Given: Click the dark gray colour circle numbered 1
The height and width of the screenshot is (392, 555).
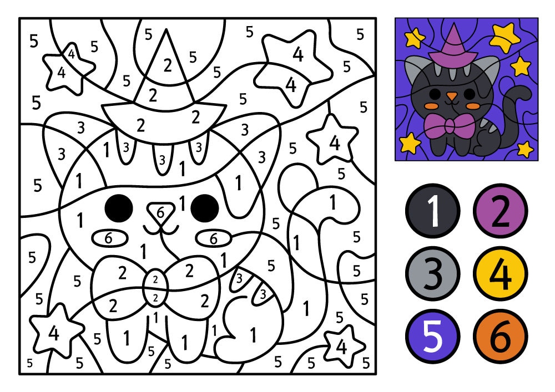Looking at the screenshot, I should click(x=433, y=210).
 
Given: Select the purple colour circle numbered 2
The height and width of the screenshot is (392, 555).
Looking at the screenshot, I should click(x=501, y=210).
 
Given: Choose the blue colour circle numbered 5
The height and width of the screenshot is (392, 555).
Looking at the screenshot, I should click(x=433, y=337).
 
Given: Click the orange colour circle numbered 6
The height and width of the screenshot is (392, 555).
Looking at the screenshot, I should click(x=501, y=337).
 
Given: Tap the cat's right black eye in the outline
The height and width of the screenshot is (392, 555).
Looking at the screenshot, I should click(x=205, y=207).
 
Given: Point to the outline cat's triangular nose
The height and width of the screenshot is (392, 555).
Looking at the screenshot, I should click(x=161, y=212).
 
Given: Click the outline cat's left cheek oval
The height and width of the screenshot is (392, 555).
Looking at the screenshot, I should click(x=109, y=238).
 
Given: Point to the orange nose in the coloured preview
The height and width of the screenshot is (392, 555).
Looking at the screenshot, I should click(x=453, y=96).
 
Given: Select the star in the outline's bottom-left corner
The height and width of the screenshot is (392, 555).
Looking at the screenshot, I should click(x=54, y=333).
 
